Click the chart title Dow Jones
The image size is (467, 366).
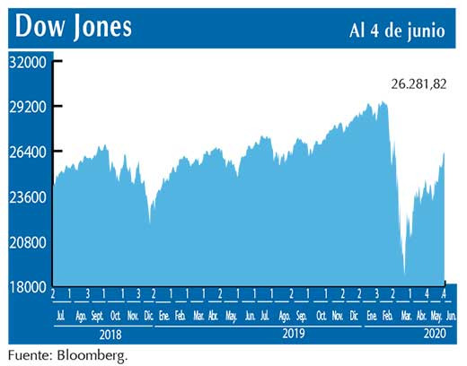[74, 27]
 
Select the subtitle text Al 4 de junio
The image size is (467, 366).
[396, 29]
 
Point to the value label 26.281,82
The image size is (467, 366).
[418, 83]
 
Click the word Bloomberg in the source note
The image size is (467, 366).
[93, 355]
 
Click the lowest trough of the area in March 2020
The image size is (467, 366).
[405, 274]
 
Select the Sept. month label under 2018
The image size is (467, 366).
[97, 317]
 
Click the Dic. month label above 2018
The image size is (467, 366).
[148, 317]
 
